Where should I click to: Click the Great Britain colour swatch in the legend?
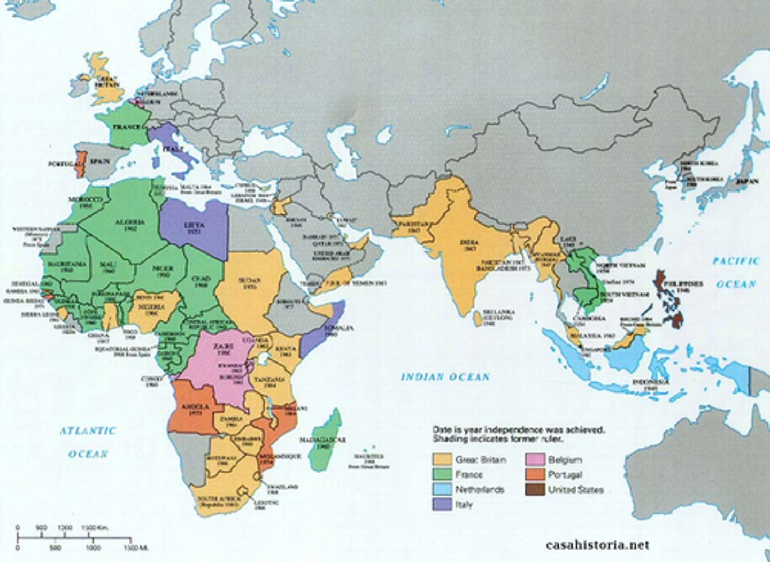[443, 459]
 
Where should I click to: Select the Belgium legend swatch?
[535, 459]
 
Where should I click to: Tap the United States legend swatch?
[535, 489]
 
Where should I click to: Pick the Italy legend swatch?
[443, 504]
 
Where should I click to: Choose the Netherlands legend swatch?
[443, 489]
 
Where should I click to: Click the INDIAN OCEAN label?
[445, 377]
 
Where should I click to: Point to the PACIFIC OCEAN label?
[736, 272]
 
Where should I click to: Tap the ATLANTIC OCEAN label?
[88, 442]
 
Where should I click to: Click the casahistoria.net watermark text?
[597, 545]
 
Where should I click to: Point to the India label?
[469, 245]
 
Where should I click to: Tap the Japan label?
[746, 181]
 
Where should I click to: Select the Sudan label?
[250, 283]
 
